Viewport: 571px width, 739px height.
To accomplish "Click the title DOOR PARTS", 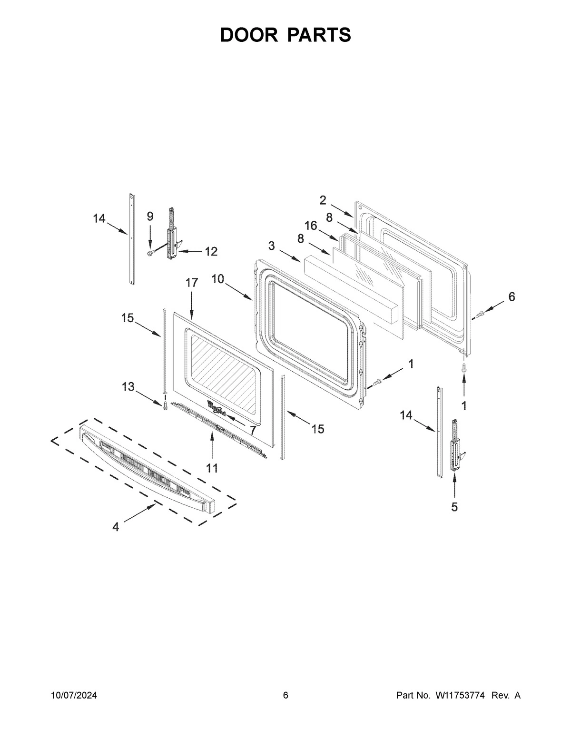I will tap(285, 35).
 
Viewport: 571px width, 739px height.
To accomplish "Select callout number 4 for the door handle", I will tap(116, 527).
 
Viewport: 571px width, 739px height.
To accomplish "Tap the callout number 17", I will tap(191, 283).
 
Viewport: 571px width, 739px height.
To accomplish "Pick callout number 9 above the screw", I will tap(150, 217).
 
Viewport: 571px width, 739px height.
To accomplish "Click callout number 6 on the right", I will tap(512, 296).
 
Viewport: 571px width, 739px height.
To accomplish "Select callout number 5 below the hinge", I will tap(454, 507).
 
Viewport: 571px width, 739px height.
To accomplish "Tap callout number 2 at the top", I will tap(323, 200).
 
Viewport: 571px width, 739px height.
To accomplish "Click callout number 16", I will tap(311, 226).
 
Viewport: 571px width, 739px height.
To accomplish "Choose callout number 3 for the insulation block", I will tap(271, 246).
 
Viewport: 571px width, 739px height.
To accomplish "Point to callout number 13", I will tap(128, 387).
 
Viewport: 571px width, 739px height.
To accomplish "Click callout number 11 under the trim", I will tap(212, 468).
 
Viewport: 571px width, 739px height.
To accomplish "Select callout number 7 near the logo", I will tap(253, 430).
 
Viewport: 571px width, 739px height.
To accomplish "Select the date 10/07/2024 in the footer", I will tap(74, 696).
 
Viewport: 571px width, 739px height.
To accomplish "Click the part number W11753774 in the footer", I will tap(459, 696).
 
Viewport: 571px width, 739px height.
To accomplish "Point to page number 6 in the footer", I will tap(285, 696).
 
